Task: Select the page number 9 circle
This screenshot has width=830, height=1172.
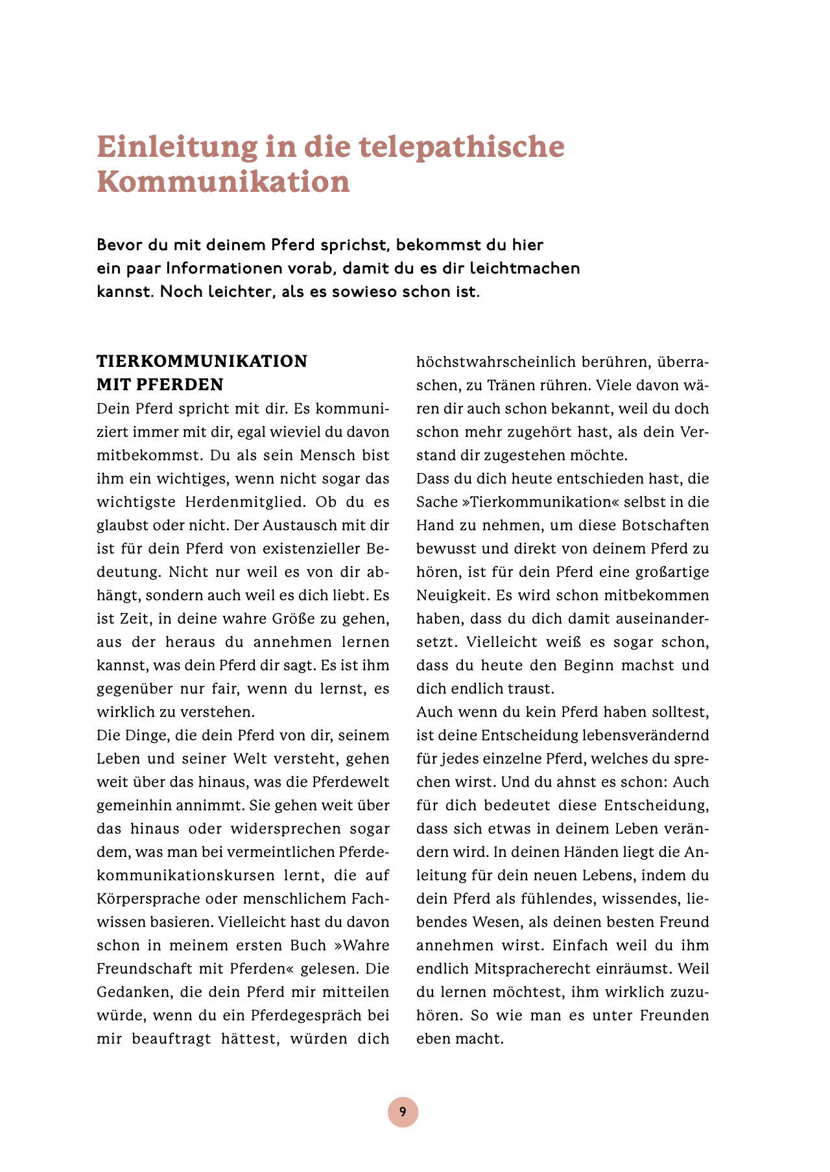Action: tap(403, 1112)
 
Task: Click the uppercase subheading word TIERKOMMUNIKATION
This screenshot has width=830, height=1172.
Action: tap(202, 362)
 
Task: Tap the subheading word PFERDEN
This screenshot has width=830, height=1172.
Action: tap(180, 385)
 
